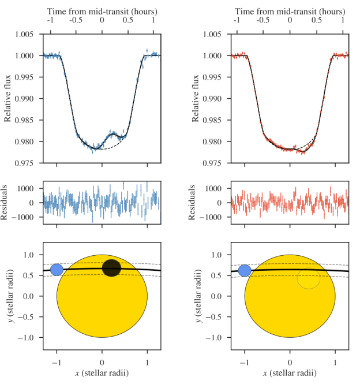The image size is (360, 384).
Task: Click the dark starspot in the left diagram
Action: coord(111,267)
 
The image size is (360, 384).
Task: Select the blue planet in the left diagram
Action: coord(57,270)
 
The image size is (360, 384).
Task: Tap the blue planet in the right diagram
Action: coord(245,270)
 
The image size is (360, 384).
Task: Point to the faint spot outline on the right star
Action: coord(309,278)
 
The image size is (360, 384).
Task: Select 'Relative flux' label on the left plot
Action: coord(8,99)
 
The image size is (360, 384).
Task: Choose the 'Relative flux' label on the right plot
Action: coord(196,99)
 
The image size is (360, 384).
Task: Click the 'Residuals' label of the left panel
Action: coord(8,203)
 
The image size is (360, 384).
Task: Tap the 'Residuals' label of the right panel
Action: coord(196,203)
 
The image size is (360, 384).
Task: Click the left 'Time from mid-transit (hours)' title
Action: coord(102,11)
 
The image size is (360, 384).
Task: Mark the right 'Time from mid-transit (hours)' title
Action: coord(290,11)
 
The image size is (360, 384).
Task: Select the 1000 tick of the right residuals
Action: coord(219,188)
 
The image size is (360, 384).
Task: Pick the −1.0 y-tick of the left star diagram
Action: coord(31,337)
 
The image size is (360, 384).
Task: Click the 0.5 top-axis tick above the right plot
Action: coord(317,20)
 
